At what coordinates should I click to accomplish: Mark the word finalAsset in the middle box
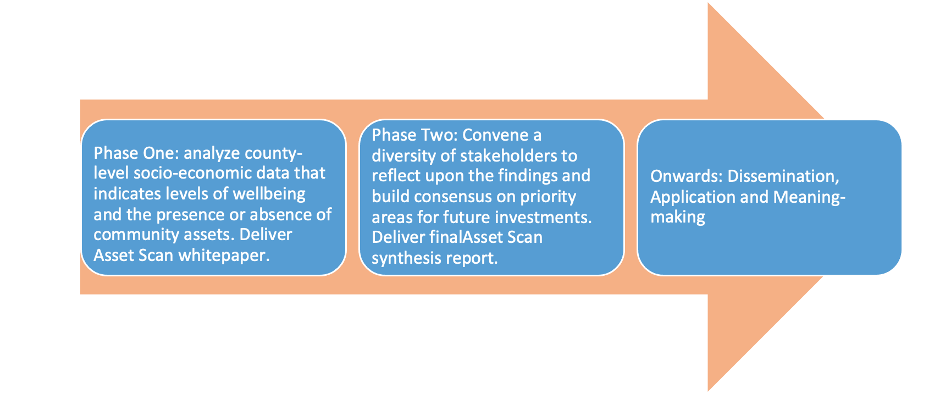[467, 237]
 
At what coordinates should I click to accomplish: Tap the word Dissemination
[783, 176]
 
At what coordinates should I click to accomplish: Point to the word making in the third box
[677, 218]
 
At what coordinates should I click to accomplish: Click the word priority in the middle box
[548, 197]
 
